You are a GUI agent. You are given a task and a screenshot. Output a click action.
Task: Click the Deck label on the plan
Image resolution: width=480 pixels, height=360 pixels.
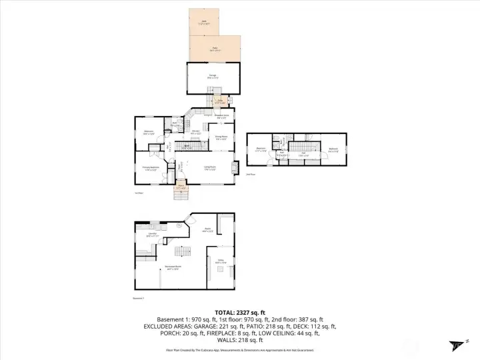point(204,21)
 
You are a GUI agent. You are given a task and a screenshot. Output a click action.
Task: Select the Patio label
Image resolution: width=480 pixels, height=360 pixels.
point(215,49)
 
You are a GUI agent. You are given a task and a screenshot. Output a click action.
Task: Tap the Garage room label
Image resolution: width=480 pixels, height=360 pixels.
point(213,77)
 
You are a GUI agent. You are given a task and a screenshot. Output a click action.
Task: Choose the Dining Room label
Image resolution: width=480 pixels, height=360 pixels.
point(221,138)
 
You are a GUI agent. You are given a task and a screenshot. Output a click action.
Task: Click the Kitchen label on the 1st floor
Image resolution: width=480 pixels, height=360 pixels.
point(196,132)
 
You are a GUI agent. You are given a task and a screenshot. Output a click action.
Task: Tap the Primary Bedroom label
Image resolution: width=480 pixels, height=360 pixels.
point(150,168)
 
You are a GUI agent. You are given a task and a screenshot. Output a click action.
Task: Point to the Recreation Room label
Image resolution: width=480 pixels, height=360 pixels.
point(174,267)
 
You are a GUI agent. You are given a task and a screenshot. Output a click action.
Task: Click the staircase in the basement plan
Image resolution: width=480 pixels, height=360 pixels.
point(179,251)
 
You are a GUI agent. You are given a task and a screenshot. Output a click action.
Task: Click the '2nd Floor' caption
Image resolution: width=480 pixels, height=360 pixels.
point(251,174)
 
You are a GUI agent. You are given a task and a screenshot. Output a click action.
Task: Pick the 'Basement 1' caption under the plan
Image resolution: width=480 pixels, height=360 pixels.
point(139,298)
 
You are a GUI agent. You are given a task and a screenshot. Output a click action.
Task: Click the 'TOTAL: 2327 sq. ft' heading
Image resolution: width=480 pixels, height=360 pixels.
point(239,312)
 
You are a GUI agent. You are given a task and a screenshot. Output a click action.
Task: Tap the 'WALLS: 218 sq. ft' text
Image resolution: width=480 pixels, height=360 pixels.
point(239,341)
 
